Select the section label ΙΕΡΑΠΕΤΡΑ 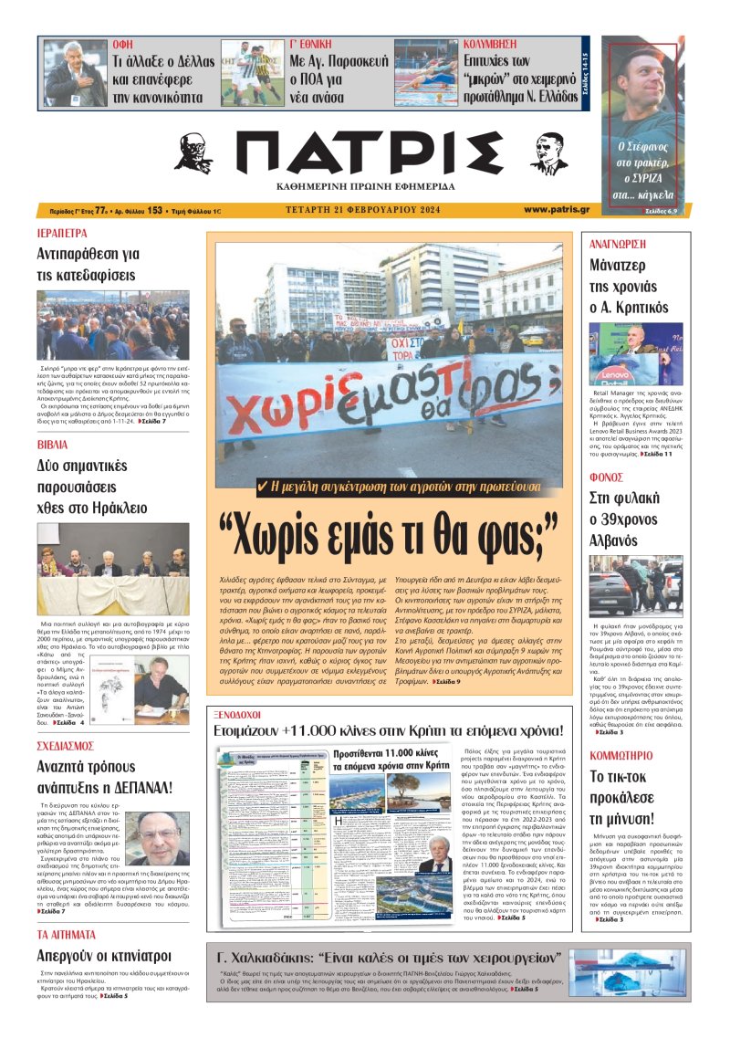pos(62,233)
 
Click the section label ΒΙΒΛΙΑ pos(52,445)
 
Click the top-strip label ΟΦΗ pos(121,44)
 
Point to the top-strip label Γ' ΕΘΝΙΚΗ pos(312,44)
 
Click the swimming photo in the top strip pos(425,72)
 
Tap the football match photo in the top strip pos(252,72)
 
